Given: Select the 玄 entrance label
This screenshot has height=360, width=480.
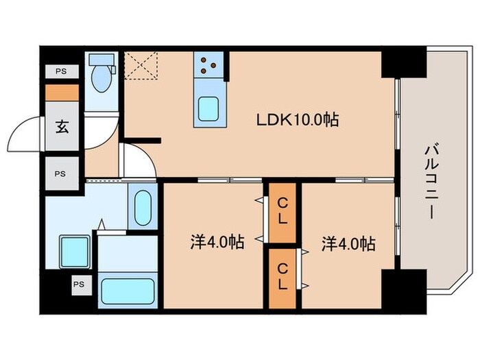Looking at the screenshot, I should click(x=60, y=128).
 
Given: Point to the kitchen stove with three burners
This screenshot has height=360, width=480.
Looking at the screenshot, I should click(x=208, y=66).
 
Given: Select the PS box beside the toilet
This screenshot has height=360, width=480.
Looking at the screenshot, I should click(x=60, y=71).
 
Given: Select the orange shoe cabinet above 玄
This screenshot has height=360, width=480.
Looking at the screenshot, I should click(x=60, y=92).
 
